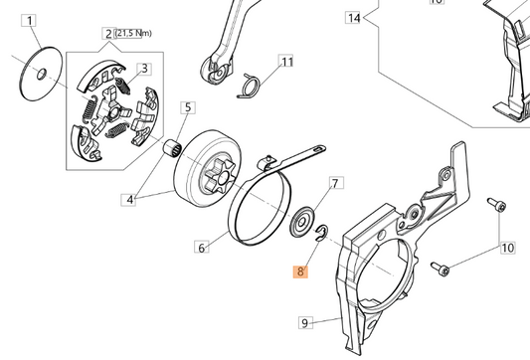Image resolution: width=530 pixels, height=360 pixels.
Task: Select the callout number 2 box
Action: [x=107, y=35]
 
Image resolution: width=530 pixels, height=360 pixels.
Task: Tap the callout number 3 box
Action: [x=144, y=68]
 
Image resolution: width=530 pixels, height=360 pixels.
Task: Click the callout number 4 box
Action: [x=128, y=199]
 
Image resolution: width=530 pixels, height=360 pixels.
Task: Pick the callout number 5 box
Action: [x=187, y=107]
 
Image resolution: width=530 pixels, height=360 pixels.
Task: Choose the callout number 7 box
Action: [x=335, y=184]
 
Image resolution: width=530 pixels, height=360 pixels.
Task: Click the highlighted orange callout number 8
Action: [x=301, y=270]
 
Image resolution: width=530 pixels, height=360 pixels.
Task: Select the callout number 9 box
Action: [x=305, y=322]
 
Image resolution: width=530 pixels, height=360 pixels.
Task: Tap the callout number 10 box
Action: [x=506, y=247]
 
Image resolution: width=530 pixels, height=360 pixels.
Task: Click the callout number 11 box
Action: [x=286, y=63]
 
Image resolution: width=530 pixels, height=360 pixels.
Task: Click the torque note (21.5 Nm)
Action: [x=132, y=34]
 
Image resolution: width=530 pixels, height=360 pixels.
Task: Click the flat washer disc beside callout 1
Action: [x=39, y=72]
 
